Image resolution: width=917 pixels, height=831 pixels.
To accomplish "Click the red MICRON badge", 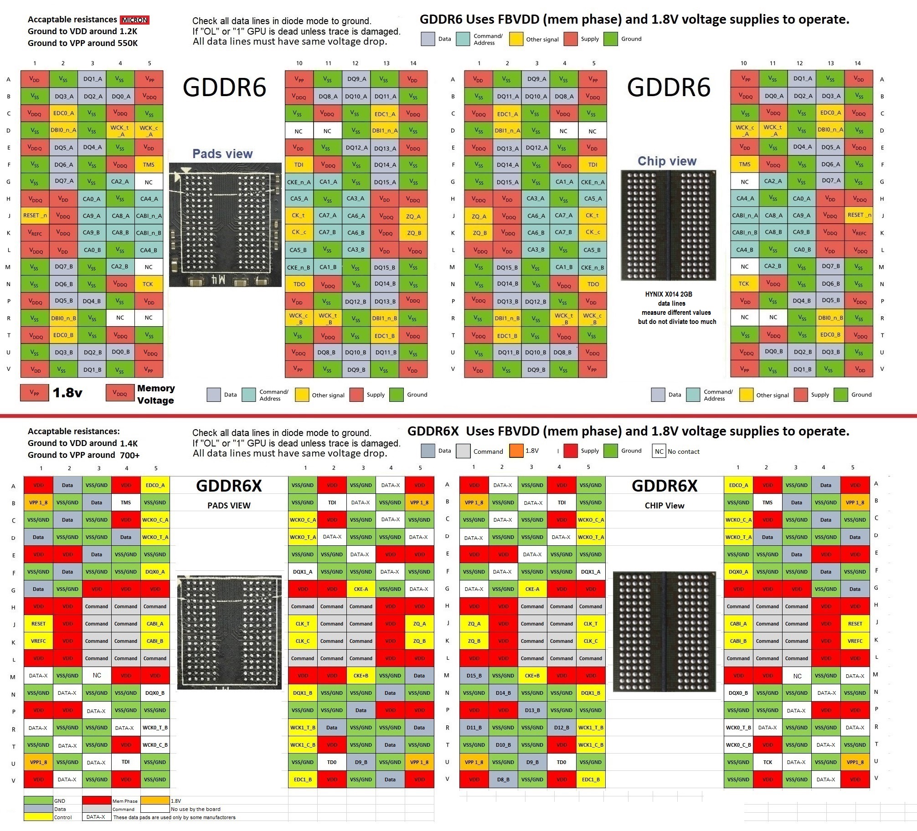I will pos(134,20).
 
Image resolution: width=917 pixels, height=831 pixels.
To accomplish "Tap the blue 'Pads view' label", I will pos(222,154).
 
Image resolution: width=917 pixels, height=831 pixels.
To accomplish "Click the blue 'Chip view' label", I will pos(667,161).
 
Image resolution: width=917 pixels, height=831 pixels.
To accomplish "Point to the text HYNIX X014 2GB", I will pos(668,294).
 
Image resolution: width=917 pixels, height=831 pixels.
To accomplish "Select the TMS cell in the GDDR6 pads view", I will pos(149,165).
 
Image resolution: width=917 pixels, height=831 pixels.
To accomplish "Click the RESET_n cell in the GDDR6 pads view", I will pos(35,215).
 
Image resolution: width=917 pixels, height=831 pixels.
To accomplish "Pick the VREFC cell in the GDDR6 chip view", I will pos(859,232).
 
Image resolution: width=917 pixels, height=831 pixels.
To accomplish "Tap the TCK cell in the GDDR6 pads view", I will pos(148,284).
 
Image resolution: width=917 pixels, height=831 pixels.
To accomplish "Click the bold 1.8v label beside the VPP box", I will pos(67,393).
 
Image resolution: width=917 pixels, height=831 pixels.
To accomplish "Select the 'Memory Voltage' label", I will pos(155,394).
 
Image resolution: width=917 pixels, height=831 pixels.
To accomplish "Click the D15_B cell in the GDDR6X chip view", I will pos(474,676).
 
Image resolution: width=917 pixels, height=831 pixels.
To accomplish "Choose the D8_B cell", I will pos(503,780).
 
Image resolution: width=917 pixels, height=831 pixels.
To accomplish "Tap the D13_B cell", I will pos(532,710).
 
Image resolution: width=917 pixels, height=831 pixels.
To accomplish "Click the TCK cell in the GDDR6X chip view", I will pos(768,762).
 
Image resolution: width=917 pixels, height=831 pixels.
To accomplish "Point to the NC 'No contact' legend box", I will pos(659,451).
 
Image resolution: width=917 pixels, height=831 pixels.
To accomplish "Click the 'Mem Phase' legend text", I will pos(125,801).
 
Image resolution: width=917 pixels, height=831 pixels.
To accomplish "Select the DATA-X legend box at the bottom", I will pos(96,817).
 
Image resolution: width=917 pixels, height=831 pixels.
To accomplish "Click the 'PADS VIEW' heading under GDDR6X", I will pos(229,505).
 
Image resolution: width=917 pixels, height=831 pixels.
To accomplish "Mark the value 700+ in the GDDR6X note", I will pos(130,455).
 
